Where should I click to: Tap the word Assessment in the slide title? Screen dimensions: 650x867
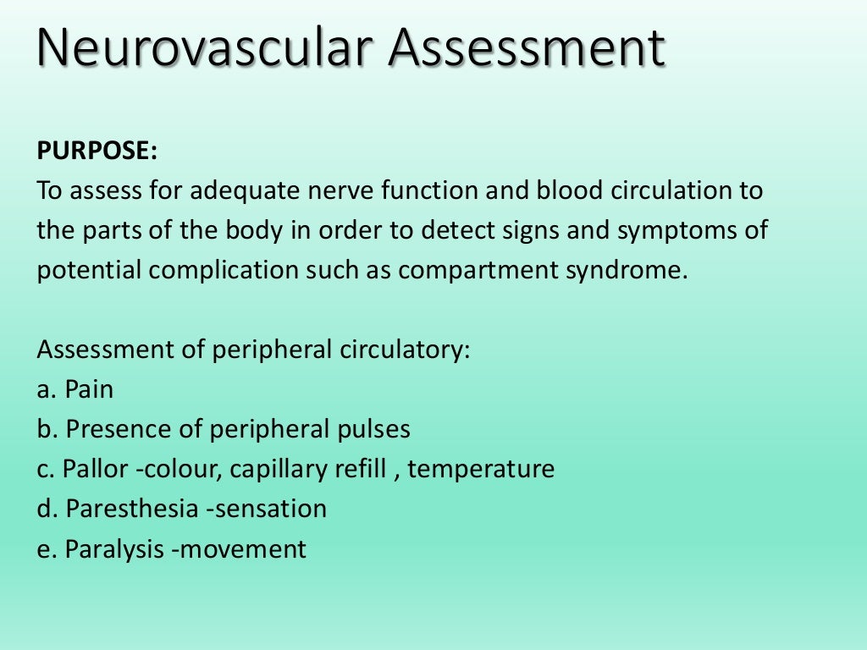[527, 48]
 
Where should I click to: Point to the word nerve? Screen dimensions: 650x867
[335, 190]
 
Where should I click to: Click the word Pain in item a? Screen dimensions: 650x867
[89, 390]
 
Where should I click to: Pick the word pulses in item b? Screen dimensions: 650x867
[375, 430]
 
